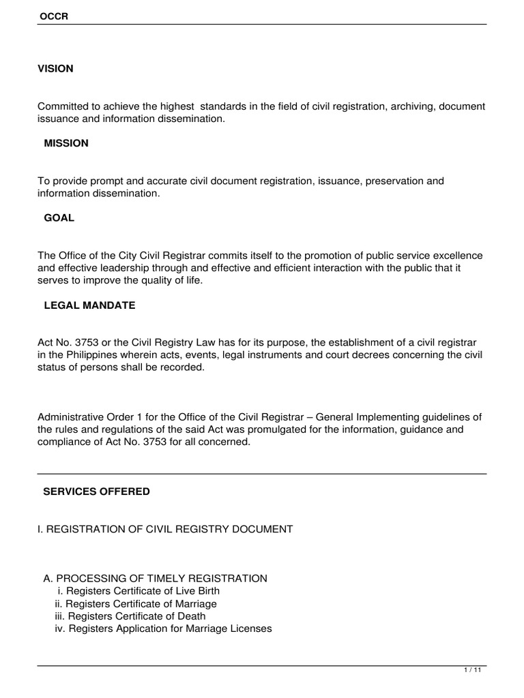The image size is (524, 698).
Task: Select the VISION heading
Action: click(55, 69)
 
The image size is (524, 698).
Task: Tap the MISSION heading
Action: click(65, 143)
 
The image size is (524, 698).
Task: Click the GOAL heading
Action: click(59, 218)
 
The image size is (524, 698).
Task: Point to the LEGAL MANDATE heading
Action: click(89, 305)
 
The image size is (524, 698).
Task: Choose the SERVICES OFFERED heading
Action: click(96, 491)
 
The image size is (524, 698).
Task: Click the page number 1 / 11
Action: click(472, 671)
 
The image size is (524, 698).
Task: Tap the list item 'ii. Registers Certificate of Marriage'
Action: click(136, 604)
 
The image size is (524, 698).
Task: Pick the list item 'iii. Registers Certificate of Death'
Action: click(130, 616)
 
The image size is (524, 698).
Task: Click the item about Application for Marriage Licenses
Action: click(163, 628)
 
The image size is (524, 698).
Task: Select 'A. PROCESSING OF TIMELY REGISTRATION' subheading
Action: click(155, 578)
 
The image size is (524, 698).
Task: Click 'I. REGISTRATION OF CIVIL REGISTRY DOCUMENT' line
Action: click(165, 529)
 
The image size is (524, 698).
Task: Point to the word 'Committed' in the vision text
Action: click(62, 106)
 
